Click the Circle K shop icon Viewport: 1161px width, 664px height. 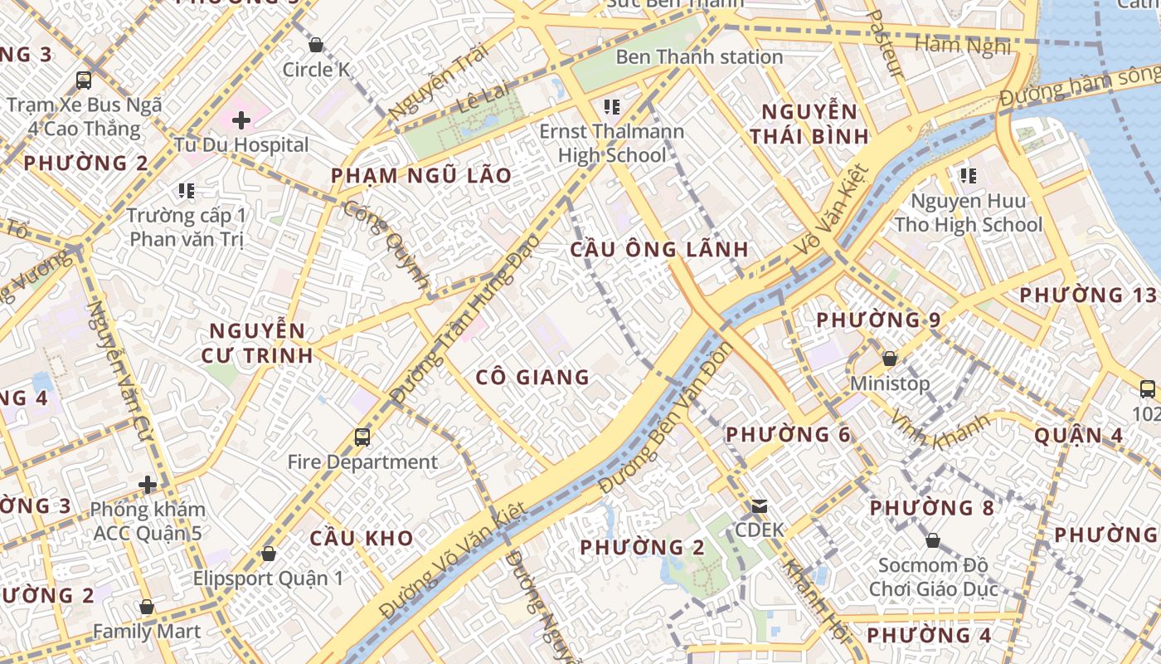point(316,44)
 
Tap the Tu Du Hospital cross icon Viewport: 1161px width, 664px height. point(241,121)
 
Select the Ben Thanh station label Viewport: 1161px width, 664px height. point(699,57)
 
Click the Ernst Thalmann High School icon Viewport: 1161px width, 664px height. point(613,106)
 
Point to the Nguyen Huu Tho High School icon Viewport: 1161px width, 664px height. point(968,175)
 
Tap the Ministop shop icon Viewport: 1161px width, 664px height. point(890,359)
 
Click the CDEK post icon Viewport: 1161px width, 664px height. point(759,505)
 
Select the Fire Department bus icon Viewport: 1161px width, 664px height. point(362,437)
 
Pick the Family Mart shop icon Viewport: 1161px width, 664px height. point(147,607)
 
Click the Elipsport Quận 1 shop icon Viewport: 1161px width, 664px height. point(268,553)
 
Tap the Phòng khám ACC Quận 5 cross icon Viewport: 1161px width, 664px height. point(148,484)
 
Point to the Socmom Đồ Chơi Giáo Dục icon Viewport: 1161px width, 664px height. point(933,540)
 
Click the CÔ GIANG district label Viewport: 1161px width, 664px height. point(532,378)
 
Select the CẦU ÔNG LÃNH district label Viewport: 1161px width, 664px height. point(659,249)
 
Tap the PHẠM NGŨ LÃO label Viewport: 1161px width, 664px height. point(421,176)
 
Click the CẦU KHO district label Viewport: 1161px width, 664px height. point(362,538)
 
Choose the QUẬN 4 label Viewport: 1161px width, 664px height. point(1079,435)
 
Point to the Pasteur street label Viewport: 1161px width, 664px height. point(884,43)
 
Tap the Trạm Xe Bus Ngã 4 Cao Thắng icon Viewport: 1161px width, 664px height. point(84,80)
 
